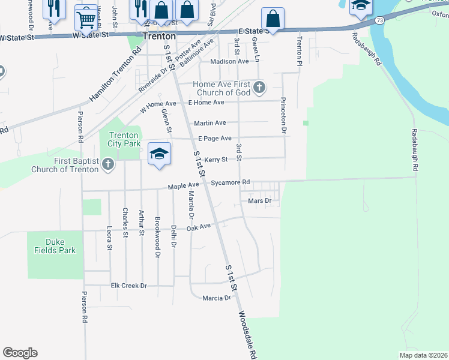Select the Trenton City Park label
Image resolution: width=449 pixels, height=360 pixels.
click(x=124, y=140)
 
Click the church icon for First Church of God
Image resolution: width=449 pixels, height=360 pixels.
click(x=259, y=88)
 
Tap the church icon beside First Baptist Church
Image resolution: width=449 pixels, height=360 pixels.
click(x=108, y=164)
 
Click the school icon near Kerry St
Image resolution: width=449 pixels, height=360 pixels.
click(x=159, y=154)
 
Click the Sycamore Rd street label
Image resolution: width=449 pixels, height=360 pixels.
click(x=230, y=182)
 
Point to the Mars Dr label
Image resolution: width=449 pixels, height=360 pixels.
click(x=260, y=201)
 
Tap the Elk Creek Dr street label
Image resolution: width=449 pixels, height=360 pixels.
click(x=129, y=286)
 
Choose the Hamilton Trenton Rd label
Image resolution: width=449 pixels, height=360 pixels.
click(x=115, y=73)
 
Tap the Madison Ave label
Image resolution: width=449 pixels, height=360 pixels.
click(x=229, y=61)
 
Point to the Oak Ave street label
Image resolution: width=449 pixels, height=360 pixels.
click(x=199, y=227)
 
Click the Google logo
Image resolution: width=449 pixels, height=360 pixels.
click(x=20, y=353)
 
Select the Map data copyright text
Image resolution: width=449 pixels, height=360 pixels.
click(x=423, y=355)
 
